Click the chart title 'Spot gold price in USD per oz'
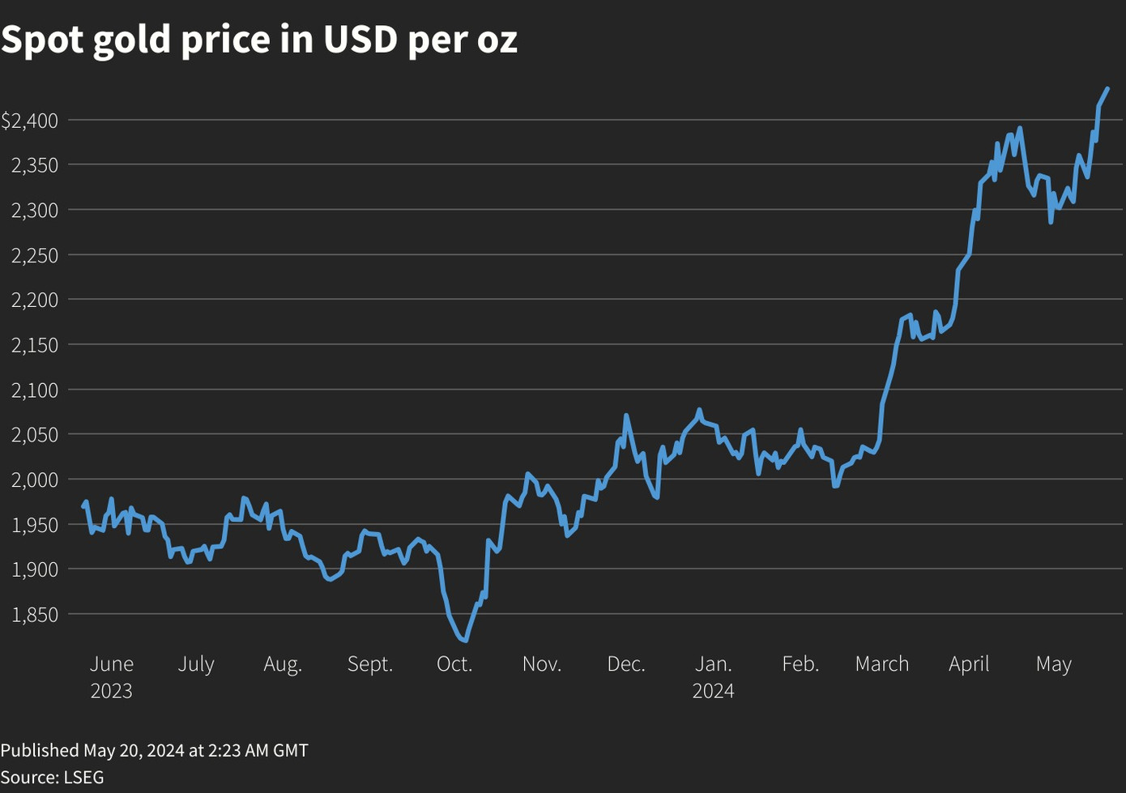click(259, 39)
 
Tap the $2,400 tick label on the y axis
click(30, 121)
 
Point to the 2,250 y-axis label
click(35, 255)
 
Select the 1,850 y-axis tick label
click(35, 615)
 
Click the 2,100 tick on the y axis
click(35, 390)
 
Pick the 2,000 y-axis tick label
click(35, 480)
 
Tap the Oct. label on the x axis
click(454, 664)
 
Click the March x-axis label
click(882, 664)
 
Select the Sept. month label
click(370, 664)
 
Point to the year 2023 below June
click(111, 691)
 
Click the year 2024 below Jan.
click(714, 691)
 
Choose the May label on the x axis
click(1054, 664)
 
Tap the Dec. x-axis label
click(626, 664)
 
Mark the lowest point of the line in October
click(465, 641)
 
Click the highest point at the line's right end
click(1107, 89)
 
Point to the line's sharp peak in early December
click(625, 416)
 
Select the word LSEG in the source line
click(83, 777)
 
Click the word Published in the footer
click(39, 750)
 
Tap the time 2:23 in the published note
click(224, 750)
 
